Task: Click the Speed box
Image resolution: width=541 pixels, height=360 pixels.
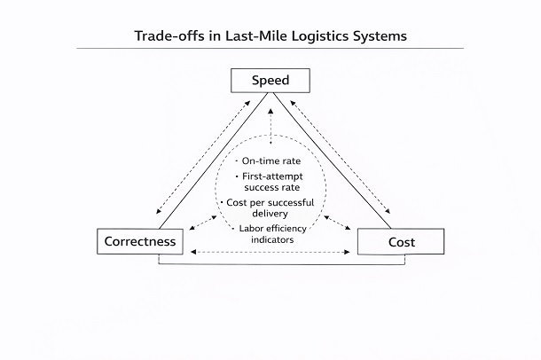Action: pyautogui.click(x=270, y=82)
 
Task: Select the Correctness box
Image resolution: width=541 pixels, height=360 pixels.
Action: pyautogui.click(x=139, y=241)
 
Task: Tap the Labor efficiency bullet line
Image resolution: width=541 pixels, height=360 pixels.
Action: pyautogui.click(x=271, y=228)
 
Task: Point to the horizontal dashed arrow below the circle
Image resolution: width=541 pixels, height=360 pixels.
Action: pyautogui.click(x=270, y=254)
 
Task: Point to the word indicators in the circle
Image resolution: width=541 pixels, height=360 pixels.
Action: pyautogui.click(x=271, y=239)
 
